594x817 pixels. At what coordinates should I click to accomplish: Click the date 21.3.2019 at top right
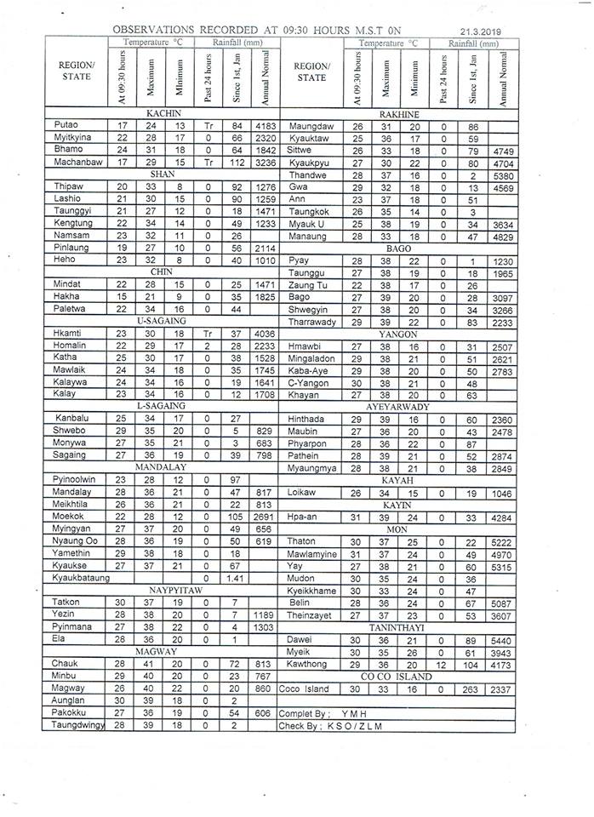coord(478,31)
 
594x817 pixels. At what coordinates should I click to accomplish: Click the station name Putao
coord(66,125)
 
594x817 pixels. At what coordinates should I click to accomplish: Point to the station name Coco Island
coord(304,688)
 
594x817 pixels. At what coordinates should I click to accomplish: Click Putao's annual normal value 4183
coord(266,125)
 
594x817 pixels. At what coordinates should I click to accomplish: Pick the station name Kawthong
coord(308,663)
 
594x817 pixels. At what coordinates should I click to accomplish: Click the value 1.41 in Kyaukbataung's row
coord(237,577)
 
